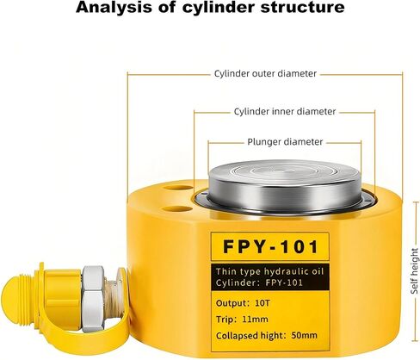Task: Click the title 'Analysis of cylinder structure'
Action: coord(210,8)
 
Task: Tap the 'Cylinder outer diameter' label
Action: coord(265,74)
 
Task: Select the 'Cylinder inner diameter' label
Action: coord(285,111)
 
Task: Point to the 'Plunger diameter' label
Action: coord(285,142)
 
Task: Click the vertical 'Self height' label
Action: coord(415,271)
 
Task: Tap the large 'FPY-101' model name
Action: coord(270,246)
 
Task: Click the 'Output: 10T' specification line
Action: coord(243,303)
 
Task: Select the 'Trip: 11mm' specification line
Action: coord(242,320)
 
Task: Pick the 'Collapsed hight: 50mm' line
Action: coord(267,335)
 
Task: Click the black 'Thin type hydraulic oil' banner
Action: coord(270,277)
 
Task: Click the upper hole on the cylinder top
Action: coord(178,188)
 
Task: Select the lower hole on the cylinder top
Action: coord(178,209)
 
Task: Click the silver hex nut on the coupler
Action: coord(93,299)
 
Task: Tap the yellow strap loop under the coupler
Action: coord(86,338)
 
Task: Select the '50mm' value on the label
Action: coord(305,335)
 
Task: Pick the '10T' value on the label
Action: coord(262,303)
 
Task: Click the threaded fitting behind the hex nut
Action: coord(111,299)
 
